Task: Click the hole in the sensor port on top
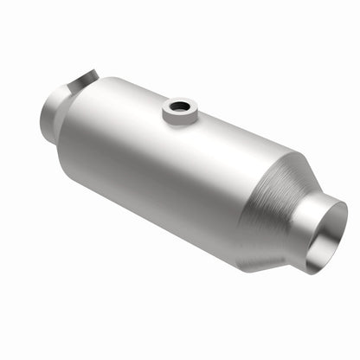(x=180, y=108)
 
